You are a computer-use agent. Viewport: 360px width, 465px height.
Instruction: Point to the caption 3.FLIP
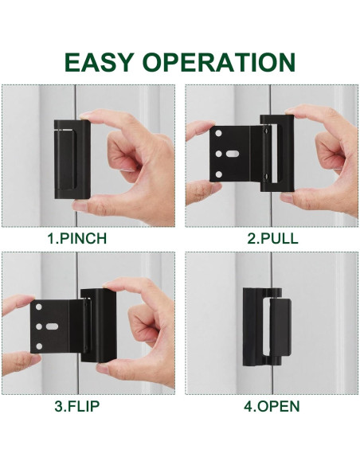pos(77,406)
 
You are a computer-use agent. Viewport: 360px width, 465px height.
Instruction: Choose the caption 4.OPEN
pos(272,406)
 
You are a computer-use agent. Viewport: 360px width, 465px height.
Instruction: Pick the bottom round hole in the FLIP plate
pos(37,342)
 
